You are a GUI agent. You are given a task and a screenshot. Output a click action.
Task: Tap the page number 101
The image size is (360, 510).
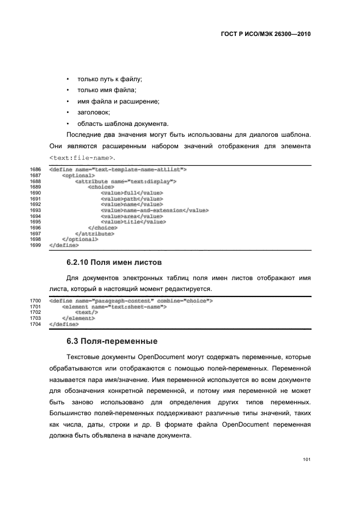(307, 460)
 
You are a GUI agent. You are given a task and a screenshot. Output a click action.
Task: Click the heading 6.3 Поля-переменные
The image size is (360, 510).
(112, 342)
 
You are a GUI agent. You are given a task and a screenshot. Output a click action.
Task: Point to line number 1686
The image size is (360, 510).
(35, 170)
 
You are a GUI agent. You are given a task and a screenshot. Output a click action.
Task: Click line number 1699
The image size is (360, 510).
(35, 245)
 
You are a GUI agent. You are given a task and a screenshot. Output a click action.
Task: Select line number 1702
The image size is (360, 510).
(35, 312)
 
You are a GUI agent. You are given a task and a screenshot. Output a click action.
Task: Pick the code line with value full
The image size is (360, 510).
(132, 193)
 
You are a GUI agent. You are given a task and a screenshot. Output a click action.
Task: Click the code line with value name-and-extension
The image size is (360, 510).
(154, 210)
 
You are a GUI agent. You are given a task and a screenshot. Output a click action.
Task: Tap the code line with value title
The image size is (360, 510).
(133, 222)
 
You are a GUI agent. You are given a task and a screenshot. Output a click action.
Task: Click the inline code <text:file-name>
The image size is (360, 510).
(82, 158)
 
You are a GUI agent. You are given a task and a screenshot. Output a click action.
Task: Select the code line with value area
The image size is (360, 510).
(132, 216)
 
